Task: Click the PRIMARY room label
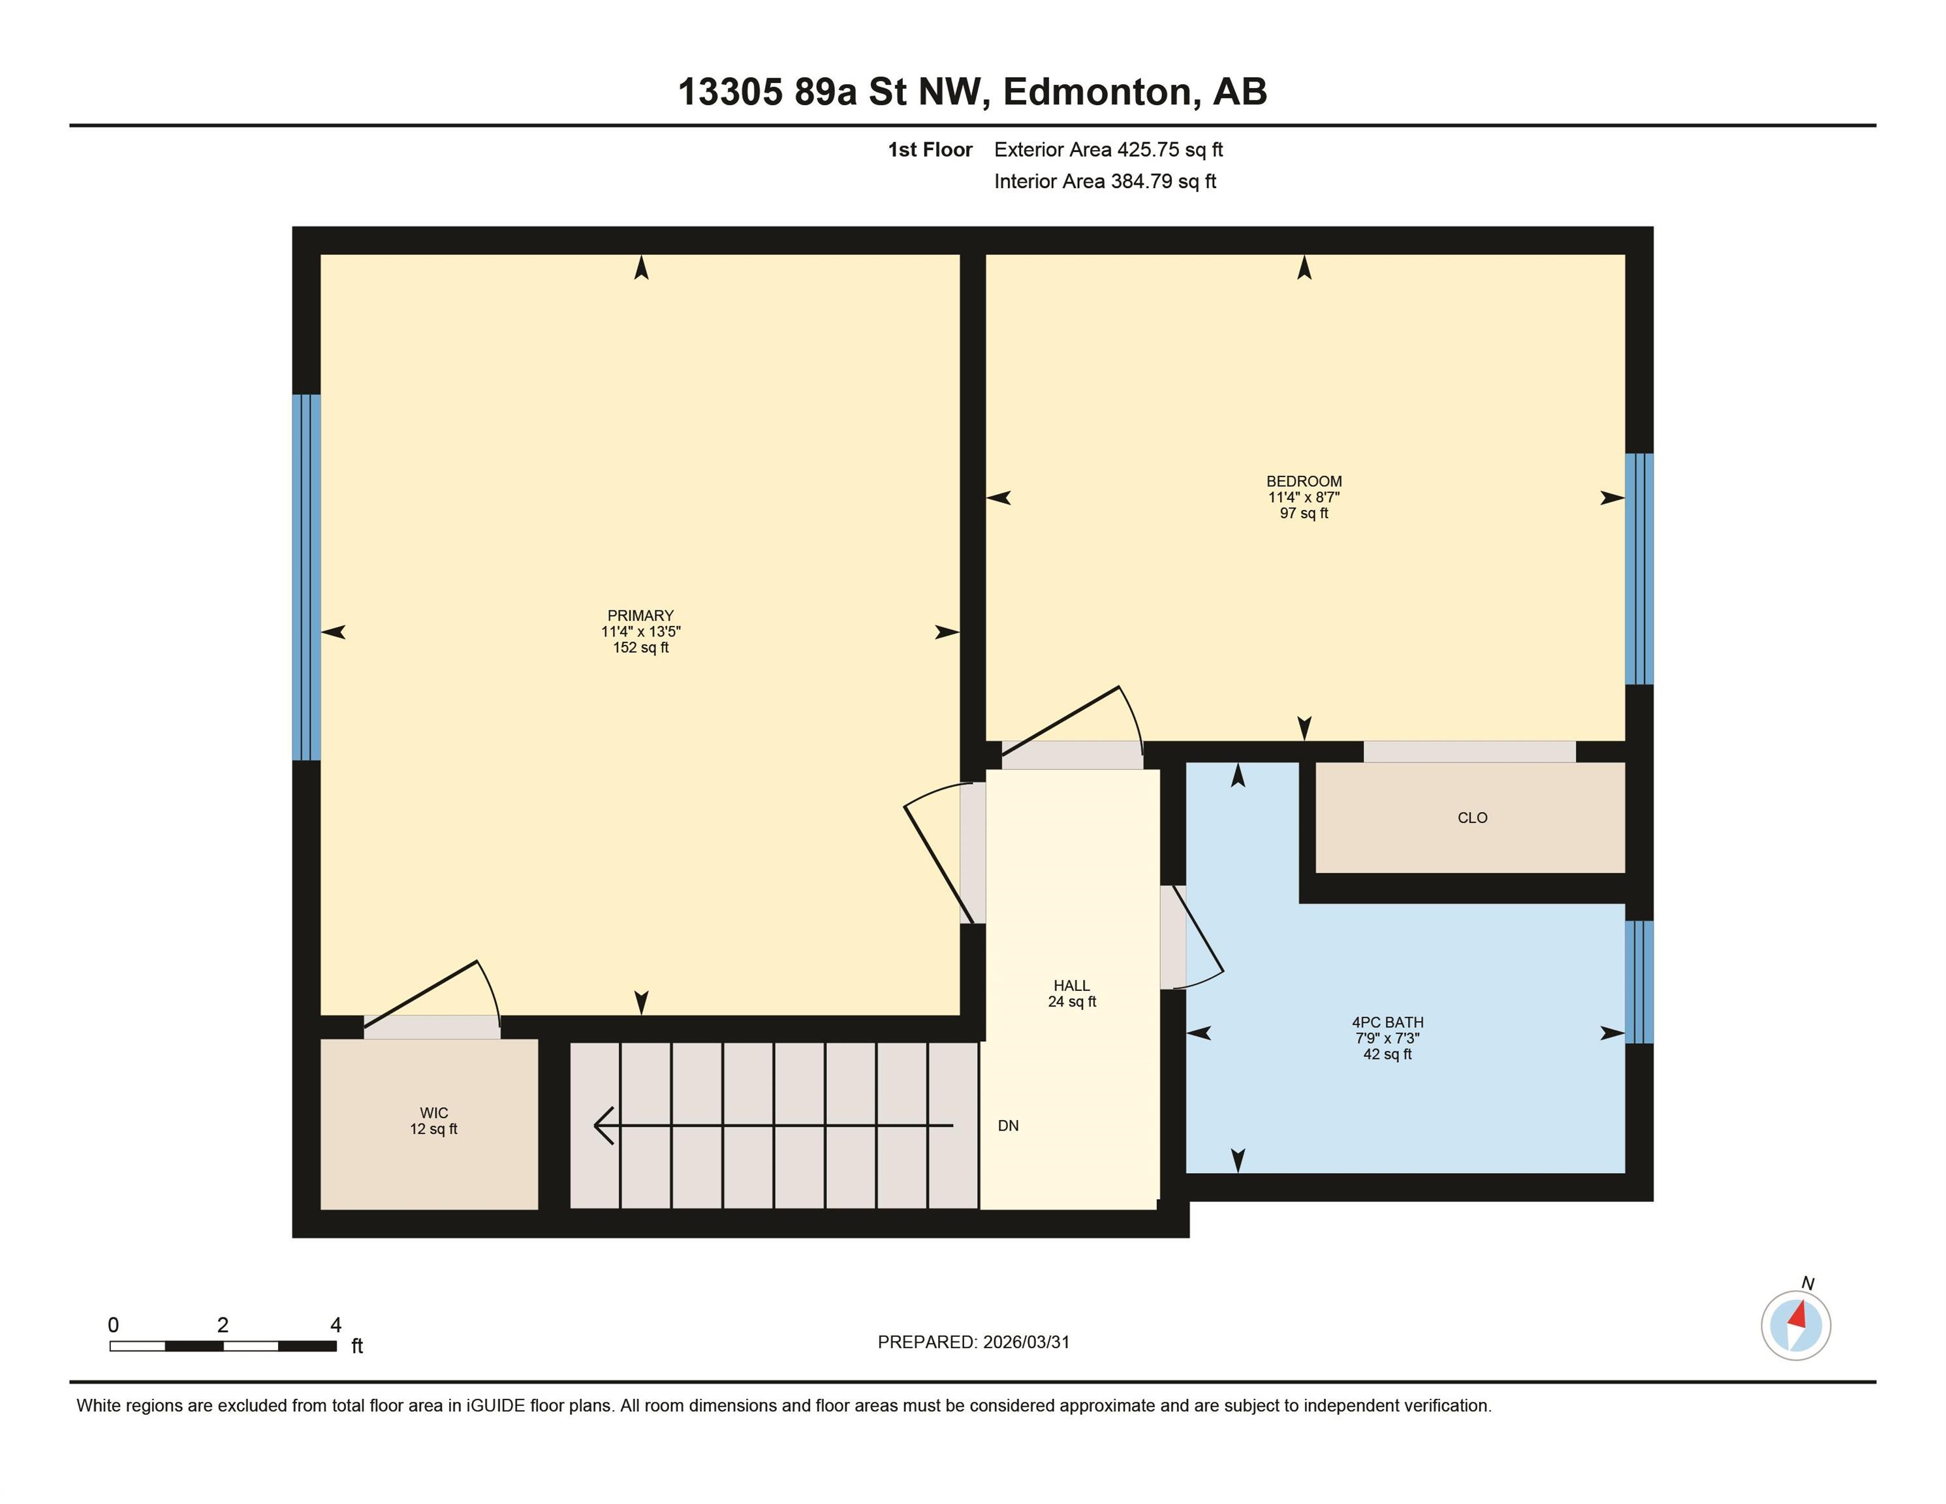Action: (640, 616)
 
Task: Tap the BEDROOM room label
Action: (1304, 481)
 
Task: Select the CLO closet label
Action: (1472, 818)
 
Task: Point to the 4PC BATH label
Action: (1387, 1023)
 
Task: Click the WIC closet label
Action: (434, 1113)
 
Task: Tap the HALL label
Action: (1071, 986)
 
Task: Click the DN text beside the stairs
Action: (1008, 1126)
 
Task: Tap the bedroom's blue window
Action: (1639, 569)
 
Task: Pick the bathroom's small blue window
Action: (1639, 982)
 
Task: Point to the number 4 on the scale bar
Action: (336, 1325)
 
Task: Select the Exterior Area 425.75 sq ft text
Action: (1108, 149)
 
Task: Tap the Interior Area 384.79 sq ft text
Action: (1105, 181)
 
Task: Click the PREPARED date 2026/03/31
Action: (1026, 1342)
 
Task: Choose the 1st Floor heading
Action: (930, 149)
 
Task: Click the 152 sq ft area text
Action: (640, 648)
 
